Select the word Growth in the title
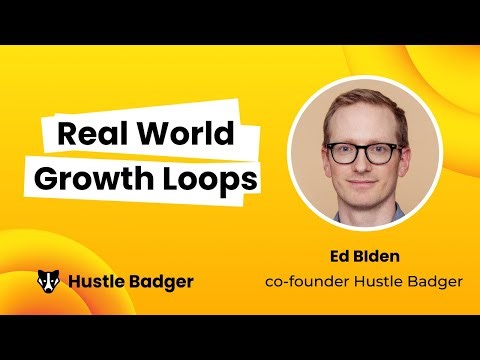point(89,181)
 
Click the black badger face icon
point(47,281)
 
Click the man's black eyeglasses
point(363,152)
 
